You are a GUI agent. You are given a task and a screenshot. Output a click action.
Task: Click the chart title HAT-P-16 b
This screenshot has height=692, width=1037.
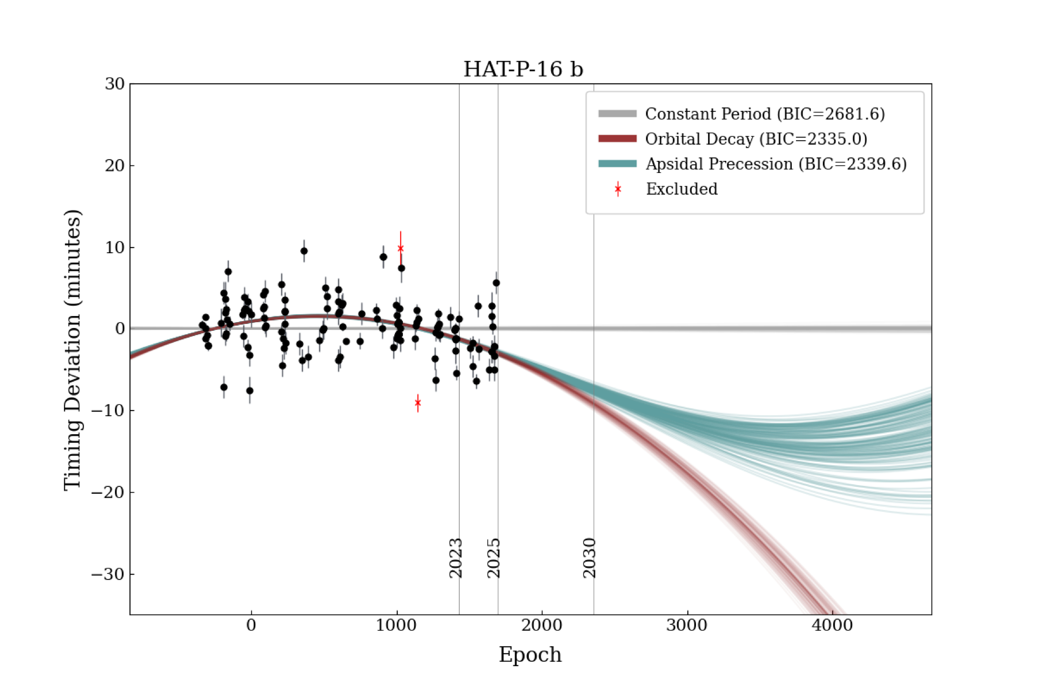[523, 69]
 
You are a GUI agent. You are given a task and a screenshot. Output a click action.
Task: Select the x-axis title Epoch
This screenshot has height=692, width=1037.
[530, 654]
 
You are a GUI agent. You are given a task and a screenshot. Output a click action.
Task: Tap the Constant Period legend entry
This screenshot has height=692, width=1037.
[765, 114]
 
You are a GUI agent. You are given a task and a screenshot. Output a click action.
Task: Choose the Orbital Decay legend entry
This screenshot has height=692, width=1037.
[756, 139]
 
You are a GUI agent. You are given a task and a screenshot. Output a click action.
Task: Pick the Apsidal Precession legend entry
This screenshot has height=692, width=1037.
[776, 164]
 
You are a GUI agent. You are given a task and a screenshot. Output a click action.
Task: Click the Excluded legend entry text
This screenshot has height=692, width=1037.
[682, 189]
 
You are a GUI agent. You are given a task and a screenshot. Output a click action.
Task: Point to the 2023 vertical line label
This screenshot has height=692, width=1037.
[455, 558]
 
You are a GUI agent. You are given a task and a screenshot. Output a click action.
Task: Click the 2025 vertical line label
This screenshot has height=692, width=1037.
[493, 558]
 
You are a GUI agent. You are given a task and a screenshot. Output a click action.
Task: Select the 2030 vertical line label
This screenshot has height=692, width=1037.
[589, 558]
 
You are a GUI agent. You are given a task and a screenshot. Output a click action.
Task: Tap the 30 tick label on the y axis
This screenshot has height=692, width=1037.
[114, 84]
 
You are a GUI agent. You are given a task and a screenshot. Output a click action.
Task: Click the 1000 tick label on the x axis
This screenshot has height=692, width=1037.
[396, 625]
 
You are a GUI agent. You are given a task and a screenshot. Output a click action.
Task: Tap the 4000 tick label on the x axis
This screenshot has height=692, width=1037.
[832, 625]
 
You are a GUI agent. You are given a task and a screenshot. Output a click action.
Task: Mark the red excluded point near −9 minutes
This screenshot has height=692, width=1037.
[418, 402]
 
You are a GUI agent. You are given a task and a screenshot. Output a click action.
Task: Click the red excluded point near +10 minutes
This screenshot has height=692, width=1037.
[400, 248]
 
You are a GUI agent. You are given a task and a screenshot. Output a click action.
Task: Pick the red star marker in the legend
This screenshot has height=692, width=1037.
[617, 189]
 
